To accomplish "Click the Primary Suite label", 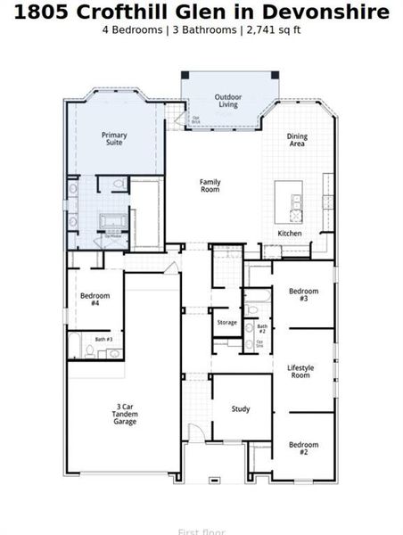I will [114, 139].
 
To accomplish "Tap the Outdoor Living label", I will [228, 101].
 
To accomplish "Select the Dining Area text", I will [297, 140].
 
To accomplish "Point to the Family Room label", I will [210, 185].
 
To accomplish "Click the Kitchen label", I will [290, 234].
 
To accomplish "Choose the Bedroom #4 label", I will [95, 300].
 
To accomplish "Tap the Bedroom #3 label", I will [303, 294].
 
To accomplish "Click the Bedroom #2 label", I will [303, 448].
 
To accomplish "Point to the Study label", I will [241, 409].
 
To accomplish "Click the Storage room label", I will [227, 322].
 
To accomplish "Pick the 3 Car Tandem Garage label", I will [125, 413].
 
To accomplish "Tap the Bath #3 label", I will [103, 339].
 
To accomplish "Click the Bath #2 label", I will [261, 329].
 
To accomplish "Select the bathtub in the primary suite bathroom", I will [113, 221].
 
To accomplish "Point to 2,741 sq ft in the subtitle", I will [273, 29].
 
